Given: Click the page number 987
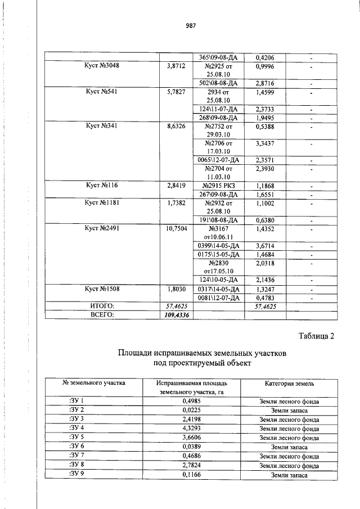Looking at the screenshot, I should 190,25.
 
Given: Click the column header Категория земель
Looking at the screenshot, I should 289,384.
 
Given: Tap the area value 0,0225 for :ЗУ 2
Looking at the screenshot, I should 191,411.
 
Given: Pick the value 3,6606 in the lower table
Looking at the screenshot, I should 191,438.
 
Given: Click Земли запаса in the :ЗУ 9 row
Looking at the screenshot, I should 289,475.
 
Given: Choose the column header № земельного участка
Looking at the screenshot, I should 93,384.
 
